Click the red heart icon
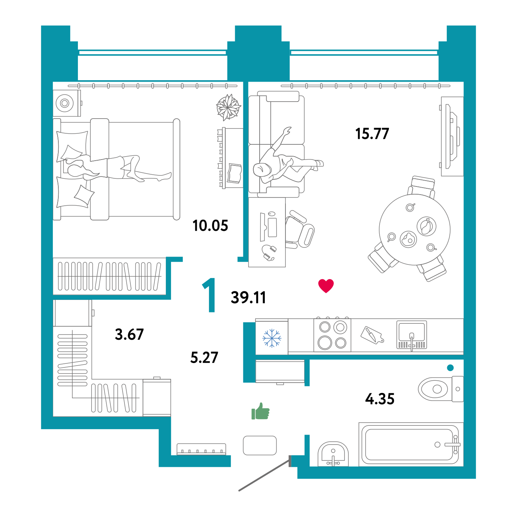click(326, 285)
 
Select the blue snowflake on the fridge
click(271, 338)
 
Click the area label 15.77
click(372, 134)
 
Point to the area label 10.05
click(210, 225)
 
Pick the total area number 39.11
click(248, 298)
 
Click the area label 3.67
click(129, 334)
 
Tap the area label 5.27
click(204, 357)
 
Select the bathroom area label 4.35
click(380, 399)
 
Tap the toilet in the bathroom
click(440, 389)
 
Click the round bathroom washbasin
click(333, 454)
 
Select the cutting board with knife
click(372, 335)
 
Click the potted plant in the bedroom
click(228, 107)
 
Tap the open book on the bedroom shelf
click(234, 173)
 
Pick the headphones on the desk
click(268, 253)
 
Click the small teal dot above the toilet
click(450, 367)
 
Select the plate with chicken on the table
click(426, 226)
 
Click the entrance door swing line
click(264, 476)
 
